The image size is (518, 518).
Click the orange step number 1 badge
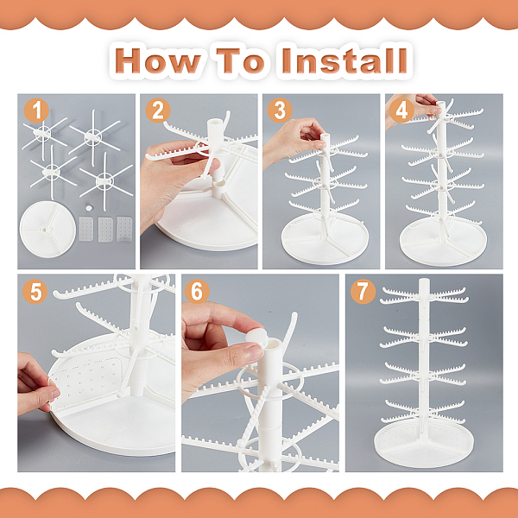(x=36, y=111)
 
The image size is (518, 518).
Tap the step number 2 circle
(x=158, y=111)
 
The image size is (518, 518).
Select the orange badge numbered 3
(x=280, y=111)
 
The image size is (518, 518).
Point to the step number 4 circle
(x=401, y=111)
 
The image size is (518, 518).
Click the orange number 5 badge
(x=35, y=292)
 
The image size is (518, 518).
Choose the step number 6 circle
(x=197, y=292)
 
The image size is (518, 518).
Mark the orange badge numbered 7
(x=363, y=292)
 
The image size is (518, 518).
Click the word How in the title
(x=158, y=61)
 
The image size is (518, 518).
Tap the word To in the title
(x=240, y=61)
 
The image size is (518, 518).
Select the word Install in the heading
(x=344, y=61)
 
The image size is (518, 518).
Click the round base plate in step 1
(x=47, y=230)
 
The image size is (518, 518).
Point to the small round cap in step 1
(x=89, y=208)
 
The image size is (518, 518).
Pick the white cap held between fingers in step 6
(x=256, y=337)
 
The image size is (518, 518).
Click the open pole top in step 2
(x=215, y=123)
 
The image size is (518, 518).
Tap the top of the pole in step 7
(x=424, y=281)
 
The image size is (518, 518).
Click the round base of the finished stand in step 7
(x=424, y=444)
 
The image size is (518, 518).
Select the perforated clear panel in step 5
(x=86, y=382)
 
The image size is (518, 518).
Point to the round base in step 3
(x=325, y=238)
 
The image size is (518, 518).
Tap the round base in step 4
(x=444, y=241)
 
